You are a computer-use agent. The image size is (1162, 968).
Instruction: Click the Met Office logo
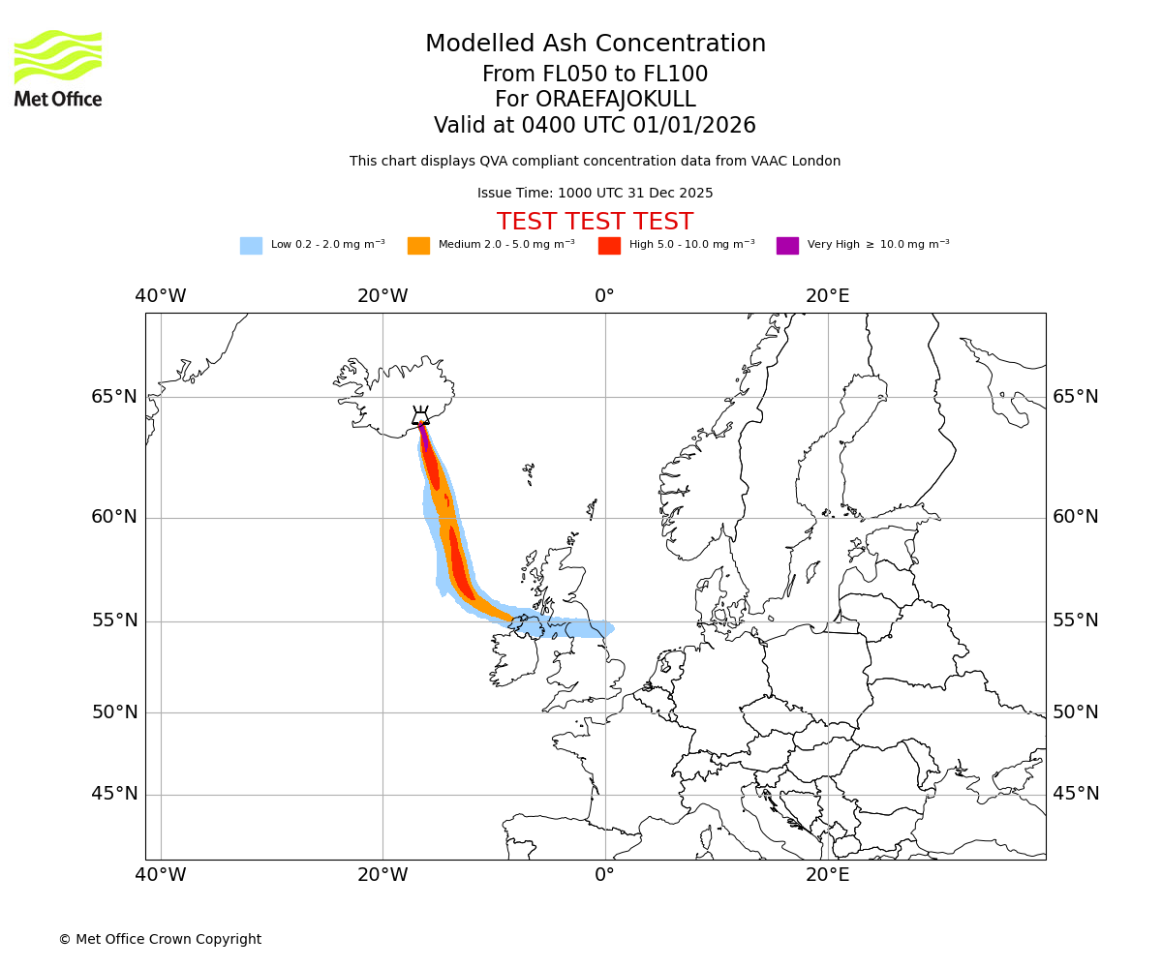pos(58,68)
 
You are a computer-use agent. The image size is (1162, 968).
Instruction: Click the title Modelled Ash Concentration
pos(596,45)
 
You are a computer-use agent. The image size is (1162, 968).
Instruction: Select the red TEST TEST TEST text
pos(595,223)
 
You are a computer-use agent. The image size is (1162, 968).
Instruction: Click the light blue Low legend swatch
pos(251,246)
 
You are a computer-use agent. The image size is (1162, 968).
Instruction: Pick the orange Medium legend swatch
pos(418,246)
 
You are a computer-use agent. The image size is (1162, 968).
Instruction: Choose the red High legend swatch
pos(609,246)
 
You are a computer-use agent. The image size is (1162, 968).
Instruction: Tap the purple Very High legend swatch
pos(787,246)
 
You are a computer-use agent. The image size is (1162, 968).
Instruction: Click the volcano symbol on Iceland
pos(420,417)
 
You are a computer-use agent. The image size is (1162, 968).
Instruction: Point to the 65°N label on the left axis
pos(114,397)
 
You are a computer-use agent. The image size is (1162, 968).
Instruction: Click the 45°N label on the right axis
pos(1076,794)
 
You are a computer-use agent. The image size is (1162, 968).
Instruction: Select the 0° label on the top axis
pos(604,296)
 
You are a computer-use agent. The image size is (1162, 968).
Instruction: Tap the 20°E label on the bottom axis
pos(828,875)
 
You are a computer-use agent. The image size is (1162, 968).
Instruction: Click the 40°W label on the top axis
pos(161,296)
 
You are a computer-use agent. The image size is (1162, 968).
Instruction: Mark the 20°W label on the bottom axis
pos(382,875)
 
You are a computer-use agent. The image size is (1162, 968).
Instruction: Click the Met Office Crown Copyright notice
pos(160,940)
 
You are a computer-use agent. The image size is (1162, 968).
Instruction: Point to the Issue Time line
pos(595,194)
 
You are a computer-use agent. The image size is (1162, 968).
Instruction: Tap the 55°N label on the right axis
pos(1076,620)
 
